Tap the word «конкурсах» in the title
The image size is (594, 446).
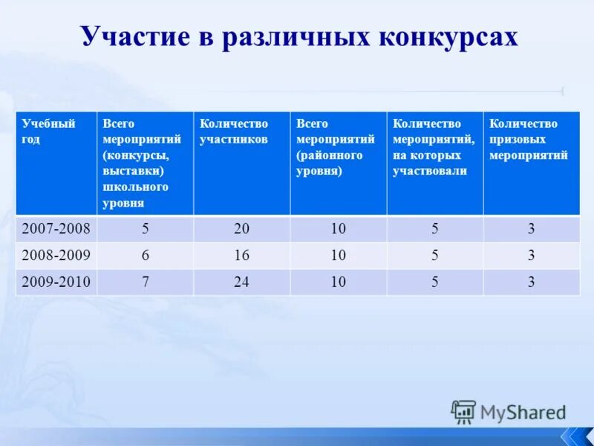point(453,37)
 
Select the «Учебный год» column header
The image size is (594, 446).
point(48,131)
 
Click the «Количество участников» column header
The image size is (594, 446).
point(234,131)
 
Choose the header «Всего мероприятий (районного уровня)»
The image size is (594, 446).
point(330,147)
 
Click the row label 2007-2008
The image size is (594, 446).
point(56,229)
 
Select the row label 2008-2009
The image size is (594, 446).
point(56,256)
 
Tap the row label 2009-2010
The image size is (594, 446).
point(56,282)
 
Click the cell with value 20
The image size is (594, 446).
point(242,229)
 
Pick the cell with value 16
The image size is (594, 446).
point(242,256)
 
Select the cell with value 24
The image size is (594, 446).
point(242,282)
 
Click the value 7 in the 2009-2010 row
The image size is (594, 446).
point(146,282)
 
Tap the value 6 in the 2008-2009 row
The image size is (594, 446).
point(146,256)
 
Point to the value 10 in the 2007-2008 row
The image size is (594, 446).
point(339,229)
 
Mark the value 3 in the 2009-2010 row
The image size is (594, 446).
point(531,282)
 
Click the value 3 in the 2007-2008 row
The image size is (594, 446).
point(531,229)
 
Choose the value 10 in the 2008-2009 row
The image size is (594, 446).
point(339,256)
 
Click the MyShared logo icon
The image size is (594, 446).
point(463,411)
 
